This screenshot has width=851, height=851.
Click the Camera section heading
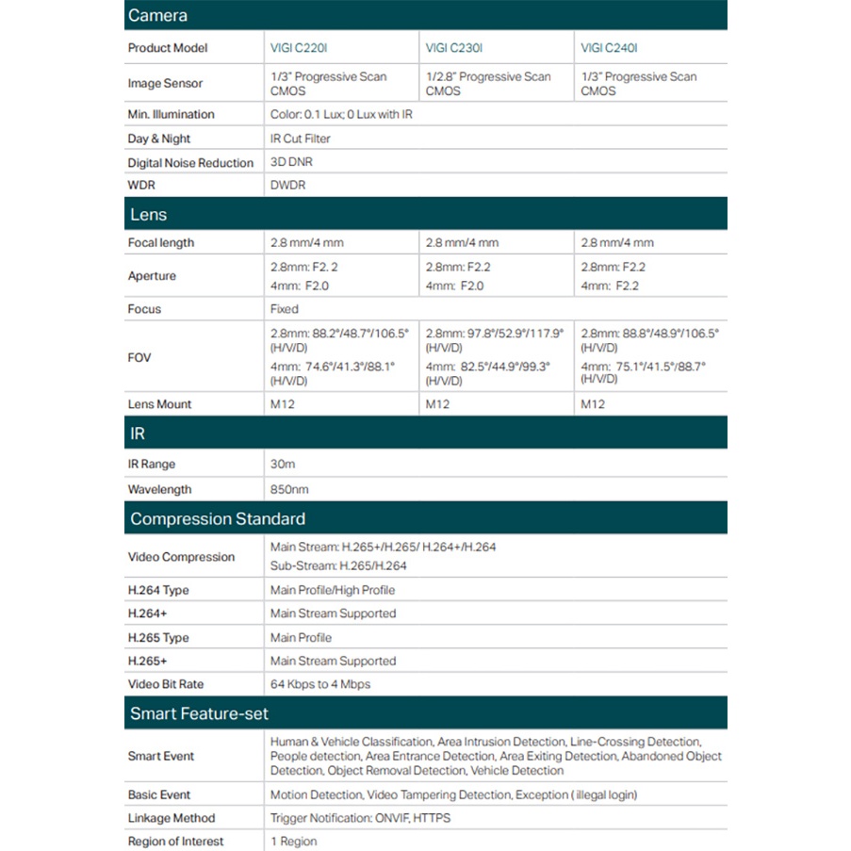(157, 15)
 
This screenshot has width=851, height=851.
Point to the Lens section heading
(148, 215)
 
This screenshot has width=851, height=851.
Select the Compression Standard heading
(218, 518)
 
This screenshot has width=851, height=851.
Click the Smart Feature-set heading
(199, 713)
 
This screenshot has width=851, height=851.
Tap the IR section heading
(138, 434)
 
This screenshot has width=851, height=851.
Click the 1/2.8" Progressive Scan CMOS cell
(488, 84)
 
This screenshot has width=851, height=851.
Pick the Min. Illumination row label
(171, 114)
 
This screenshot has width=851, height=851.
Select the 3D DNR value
(291, 162)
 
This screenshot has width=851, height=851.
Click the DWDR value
(287, 186)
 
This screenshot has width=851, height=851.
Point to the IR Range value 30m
(283, 464)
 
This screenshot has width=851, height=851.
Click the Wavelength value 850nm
(289, 489)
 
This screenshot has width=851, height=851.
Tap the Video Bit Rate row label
(166, 684)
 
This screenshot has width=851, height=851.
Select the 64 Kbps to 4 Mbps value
(320, 684)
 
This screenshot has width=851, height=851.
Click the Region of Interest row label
(175, 841)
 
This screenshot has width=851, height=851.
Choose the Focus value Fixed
(285, 309)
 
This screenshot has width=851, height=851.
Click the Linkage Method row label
(172, 818)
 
